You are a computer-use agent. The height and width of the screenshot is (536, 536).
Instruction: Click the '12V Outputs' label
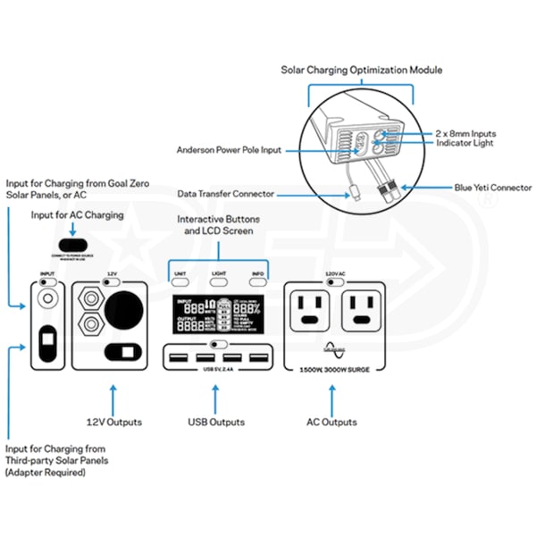pyautogui.click(x=115, y=422)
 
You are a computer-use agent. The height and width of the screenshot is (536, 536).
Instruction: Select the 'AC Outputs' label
pyautogui.click(x=331, y=422)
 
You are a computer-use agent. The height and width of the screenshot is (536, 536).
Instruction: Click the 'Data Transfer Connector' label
pyautogui.click(x=227, y=193)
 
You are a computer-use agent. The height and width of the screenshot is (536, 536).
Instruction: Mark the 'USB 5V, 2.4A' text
pyautogui.click(x=218, y=368)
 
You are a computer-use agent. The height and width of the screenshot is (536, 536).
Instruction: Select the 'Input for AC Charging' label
pyautogui.click(x=78, y=215)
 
